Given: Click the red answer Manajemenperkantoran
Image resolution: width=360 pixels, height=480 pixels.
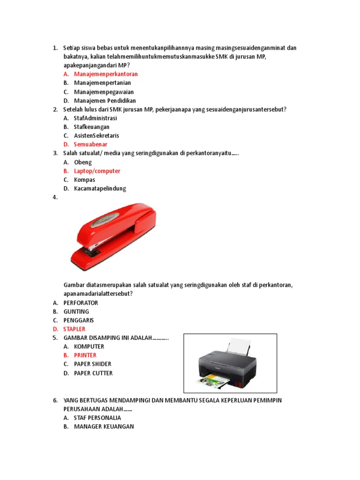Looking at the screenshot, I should click(105, 74).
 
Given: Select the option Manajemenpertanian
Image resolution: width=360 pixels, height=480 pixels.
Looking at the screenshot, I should click(102, 83).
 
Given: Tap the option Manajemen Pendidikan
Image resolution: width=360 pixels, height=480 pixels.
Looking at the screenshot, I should click(105, 101).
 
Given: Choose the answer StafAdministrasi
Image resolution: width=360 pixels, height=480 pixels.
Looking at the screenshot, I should click(95, 118).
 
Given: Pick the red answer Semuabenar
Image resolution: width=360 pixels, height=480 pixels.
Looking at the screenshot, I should click(90, 144).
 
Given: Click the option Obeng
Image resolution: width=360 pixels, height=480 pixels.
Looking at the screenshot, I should click(83, 162).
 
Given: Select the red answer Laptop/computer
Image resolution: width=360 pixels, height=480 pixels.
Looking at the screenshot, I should click(97, 171).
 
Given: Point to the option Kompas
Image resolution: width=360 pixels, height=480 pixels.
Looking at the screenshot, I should click(84, 180).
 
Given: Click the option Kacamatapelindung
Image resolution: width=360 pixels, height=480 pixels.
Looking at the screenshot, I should click(100, 189).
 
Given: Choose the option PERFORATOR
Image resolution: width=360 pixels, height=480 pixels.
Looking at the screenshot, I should click(81, 303).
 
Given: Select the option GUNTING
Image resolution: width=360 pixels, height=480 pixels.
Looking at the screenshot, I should click(76, 312).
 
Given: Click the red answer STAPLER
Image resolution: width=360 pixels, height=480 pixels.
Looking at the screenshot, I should click(74, 329).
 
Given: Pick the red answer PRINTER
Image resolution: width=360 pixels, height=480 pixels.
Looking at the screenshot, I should click(85, 355).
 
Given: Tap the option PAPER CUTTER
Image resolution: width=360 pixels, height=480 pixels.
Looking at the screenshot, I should click(93, 373).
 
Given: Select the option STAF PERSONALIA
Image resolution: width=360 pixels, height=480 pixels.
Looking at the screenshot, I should click(97, 418).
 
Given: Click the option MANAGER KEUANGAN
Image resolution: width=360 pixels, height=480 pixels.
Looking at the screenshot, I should click(104, 427).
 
